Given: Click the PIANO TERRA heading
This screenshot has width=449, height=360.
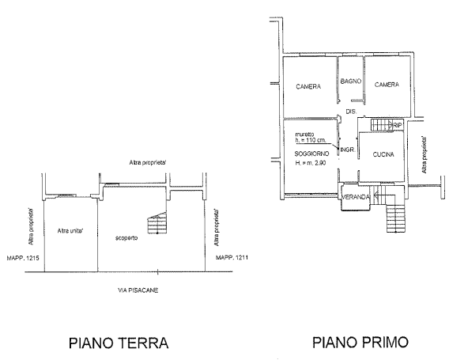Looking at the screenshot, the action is (119, 343).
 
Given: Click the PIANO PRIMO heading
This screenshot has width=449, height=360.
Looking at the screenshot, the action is (360, 343).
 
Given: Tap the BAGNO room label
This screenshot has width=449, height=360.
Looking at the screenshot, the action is (351, 81).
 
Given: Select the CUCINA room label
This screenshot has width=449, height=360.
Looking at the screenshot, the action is (383, 154).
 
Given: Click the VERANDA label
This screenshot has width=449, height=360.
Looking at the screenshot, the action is (356, 197).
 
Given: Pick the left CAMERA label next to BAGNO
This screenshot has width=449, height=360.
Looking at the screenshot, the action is (308, 86).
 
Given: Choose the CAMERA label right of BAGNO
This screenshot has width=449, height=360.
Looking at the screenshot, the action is (387, 85).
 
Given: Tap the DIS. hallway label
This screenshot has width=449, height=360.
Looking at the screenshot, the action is (351, 112).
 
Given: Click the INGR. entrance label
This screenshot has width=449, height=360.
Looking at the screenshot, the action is (348, 150).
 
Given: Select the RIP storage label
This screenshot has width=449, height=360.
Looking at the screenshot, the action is (398, 125).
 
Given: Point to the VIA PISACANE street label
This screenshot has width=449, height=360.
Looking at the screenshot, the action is (138, 290).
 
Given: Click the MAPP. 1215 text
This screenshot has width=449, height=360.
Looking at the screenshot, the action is (23, 258).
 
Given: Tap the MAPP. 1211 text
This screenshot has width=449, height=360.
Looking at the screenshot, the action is (232, 257).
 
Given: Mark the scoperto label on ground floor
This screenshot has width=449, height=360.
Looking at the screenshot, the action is (126, 238).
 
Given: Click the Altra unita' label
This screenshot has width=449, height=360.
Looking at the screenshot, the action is (70, 231).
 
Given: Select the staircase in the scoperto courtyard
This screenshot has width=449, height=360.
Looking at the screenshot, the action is (157, 222).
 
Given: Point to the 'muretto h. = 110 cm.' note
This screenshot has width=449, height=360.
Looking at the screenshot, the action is (307, 138).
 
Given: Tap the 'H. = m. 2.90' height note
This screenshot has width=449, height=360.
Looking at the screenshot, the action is (311, 163).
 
